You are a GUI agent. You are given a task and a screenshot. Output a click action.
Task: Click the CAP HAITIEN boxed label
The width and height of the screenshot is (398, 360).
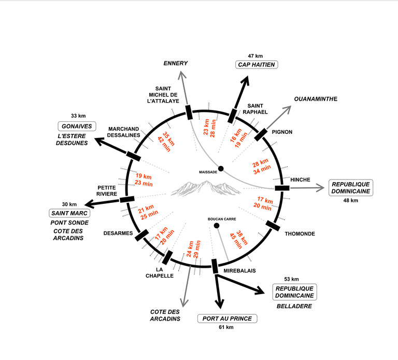255,65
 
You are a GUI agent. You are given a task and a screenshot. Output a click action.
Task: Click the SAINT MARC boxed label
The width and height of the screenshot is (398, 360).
69,213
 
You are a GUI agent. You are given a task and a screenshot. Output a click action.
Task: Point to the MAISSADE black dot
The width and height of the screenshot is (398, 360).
221,169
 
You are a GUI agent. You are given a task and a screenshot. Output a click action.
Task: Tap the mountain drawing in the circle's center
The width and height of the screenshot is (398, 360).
205,188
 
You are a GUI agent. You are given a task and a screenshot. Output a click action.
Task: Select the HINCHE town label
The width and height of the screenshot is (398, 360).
301,179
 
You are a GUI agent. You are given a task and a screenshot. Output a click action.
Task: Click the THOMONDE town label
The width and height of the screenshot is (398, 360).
300,234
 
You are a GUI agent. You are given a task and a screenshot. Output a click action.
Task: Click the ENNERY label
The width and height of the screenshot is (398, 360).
175,63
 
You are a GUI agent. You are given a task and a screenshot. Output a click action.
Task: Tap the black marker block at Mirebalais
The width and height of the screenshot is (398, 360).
215,266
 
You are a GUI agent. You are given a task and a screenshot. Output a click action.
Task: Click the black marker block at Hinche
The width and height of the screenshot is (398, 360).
282,187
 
